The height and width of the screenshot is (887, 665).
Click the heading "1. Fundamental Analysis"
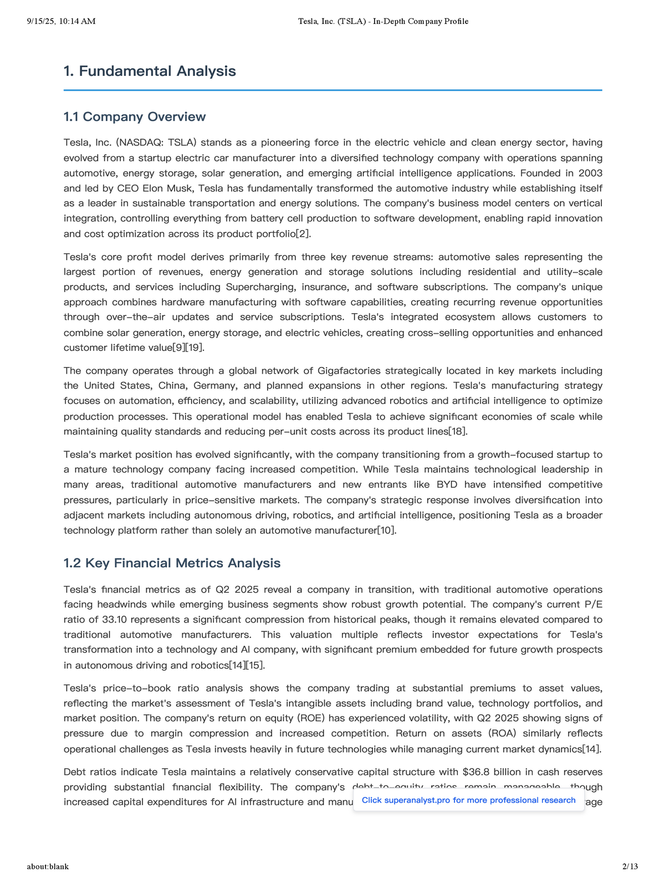150,71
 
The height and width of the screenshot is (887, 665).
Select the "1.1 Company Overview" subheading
135,117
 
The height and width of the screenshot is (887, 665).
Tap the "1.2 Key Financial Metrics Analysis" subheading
172,563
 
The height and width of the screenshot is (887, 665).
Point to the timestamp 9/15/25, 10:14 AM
61,22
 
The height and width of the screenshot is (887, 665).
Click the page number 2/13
630,866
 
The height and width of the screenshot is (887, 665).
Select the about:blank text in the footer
48,866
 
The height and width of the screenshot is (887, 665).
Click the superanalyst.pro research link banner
468,800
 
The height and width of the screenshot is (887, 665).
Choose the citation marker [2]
303,234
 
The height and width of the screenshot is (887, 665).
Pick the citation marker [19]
196,348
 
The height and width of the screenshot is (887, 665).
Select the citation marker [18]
458,431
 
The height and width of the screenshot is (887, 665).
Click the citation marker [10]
387,531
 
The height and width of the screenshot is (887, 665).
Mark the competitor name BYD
447,485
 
